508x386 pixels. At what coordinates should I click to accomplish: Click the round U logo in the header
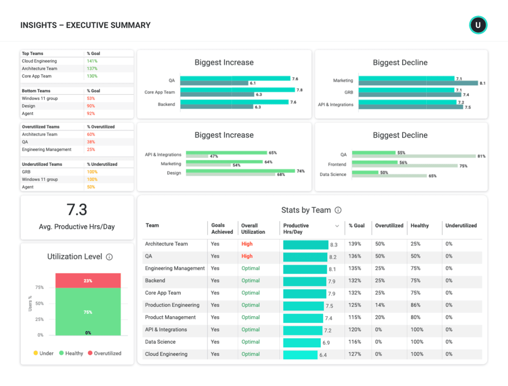coord(478,25)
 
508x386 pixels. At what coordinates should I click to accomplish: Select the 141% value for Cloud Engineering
coord(92,61)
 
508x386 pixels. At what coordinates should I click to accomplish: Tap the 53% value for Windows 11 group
coord(91,98)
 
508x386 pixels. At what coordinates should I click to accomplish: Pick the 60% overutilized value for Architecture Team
coord(91,134)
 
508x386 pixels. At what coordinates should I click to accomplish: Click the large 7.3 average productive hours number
coord(77,210)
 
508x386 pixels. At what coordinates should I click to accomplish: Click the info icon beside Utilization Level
coord(109,257)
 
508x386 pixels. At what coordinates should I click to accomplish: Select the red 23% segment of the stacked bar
coord(88,281)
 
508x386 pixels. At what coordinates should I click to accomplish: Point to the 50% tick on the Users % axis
coord(40,304)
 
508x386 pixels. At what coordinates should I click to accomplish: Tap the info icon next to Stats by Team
coord(338,210)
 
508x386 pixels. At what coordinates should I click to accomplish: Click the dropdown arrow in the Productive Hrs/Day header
coord(337,226)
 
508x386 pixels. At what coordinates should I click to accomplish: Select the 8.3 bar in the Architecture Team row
coord(306,244)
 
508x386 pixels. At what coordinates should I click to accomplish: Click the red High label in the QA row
coord(247,256)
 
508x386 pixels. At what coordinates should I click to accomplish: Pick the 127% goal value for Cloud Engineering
coord(355,354)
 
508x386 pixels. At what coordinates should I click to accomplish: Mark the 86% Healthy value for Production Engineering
coord(415,305)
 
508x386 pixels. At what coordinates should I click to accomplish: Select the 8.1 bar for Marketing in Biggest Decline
coord(418,83)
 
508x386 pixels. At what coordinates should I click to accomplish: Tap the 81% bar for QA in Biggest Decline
coord(414,156)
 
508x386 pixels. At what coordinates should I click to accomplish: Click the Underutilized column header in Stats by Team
coord(461,226)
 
